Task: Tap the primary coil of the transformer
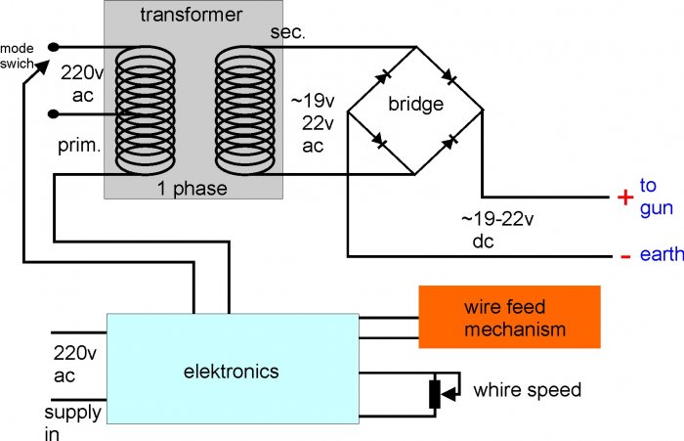pos(145,108)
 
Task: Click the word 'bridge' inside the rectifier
pos(415,103)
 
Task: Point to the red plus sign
pos(624,198)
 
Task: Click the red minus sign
pos(624,257)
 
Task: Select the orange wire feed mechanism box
pos(508,317)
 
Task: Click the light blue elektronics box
pos(231,370)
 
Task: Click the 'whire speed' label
pos(527,390)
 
